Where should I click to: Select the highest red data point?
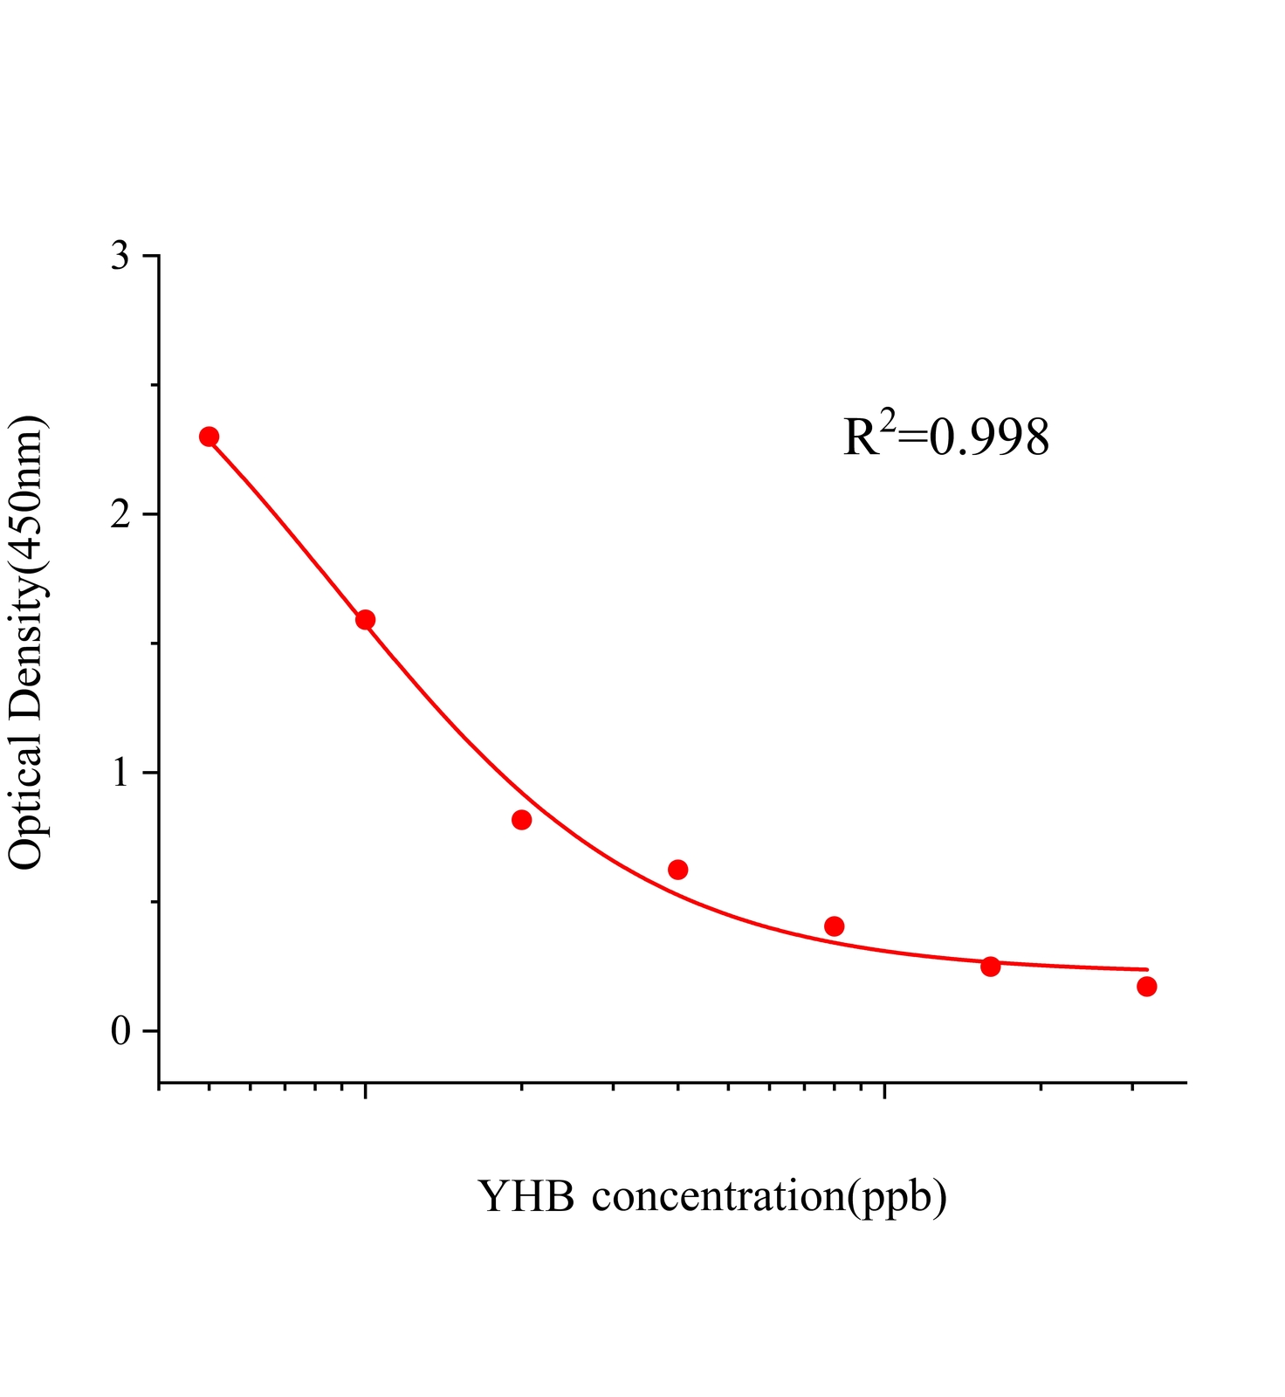pyautogui.click(x=209, y=437)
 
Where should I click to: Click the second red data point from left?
pyautogui.click(x=366, y=620)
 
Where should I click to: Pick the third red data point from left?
pyautogui.click(x=522, y=820)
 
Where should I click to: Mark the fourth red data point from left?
pyautogui.click(x=678, y=870)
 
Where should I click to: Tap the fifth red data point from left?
pyautogui.click(x=835, y=926)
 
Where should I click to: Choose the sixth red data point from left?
pyautogui.click(x=990, y=967)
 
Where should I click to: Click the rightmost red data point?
pyautogui.click(x=1147, y=987)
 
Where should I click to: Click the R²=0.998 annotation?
pyautogui.click(x=945, y=437)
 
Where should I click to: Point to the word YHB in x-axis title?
pyautogui.click(x=526, y=1196)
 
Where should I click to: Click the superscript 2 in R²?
pyautogui.click(x=888, y=420)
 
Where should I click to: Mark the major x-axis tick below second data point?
pyautogui.click(x=366, y=1091)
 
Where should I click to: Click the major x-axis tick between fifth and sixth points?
pyautogui.click(x=885, y=1091)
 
